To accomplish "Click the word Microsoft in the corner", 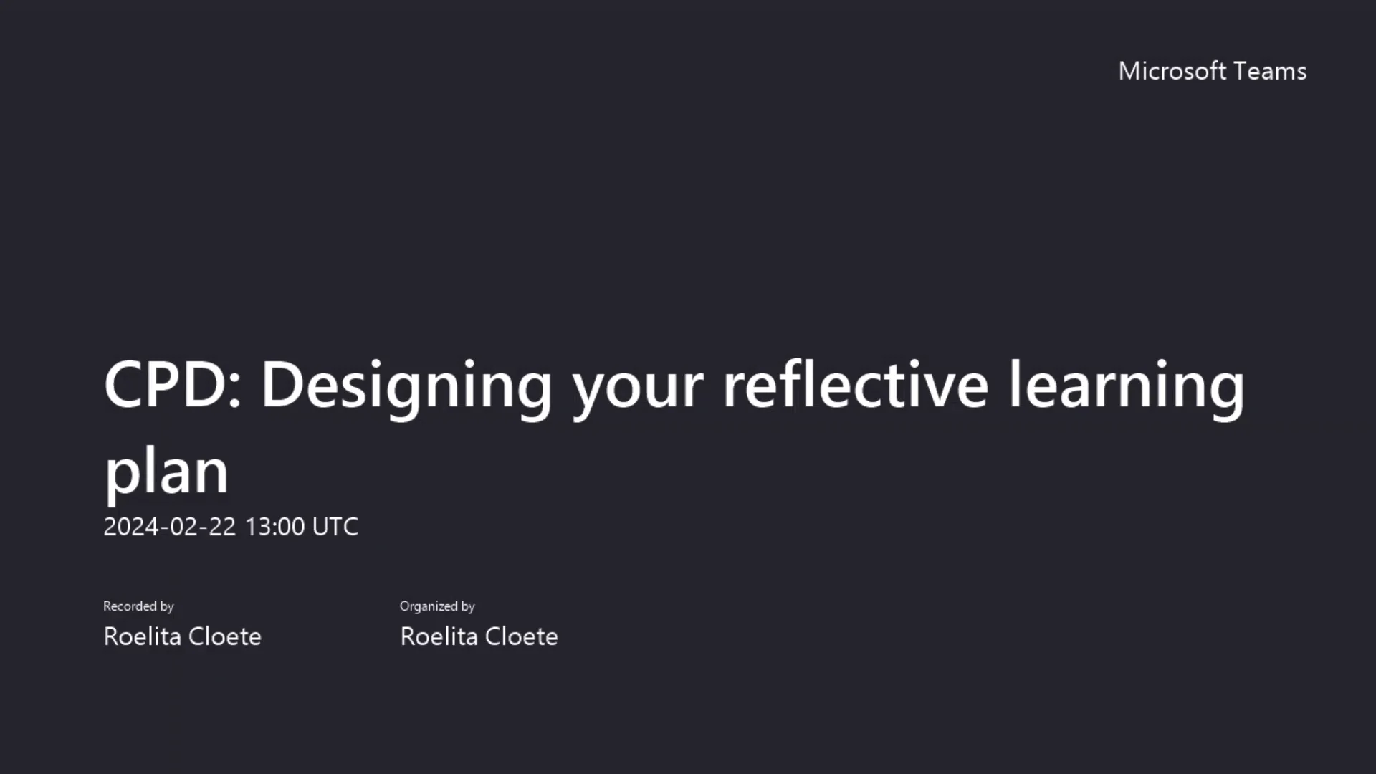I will (x=1172, y=71).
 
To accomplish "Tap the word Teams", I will (x=1271, y=71).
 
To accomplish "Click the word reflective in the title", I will (x=856, y=385).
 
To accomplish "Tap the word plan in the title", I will (x=166, y=473).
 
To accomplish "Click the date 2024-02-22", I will (x=170, y=527).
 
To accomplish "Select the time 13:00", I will (x=275, y=527).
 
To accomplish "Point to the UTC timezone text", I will (x=335, y=527).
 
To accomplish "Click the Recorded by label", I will (x=138, y=606).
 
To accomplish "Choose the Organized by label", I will (x=437, y=606).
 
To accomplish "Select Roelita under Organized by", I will (x=439, y=636).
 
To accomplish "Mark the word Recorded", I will (x=130, y=606).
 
